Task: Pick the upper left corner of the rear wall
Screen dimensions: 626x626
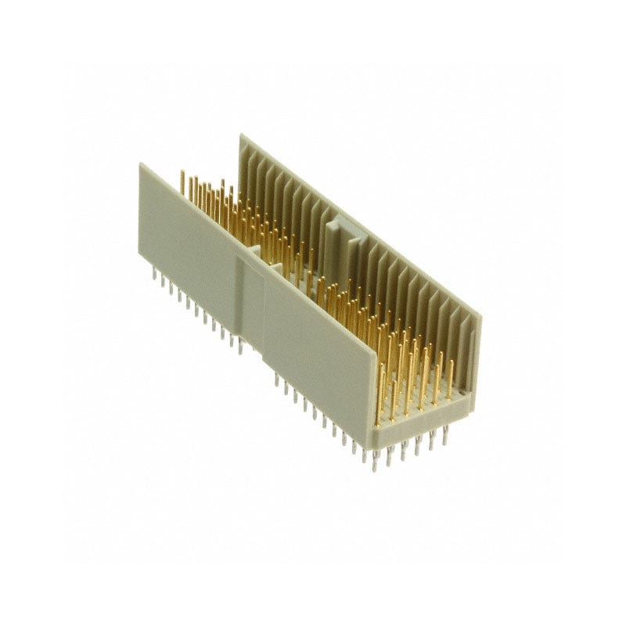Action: (x=240, y=136)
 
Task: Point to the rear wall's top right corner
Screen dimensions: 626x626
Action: (x=480, y=315)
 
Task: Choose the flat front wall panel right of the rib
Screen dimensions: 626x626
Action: (x=321, y=344)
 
